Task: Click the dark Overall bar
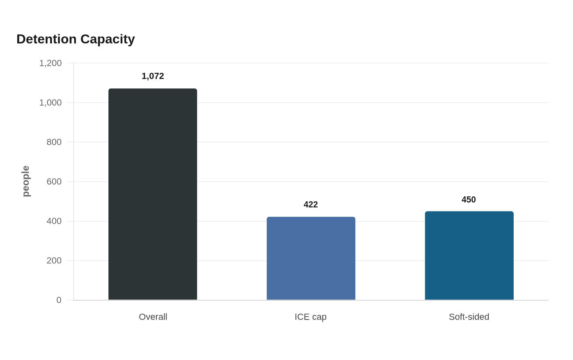[x=153, y=194]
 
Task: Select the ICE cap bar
[x=311, y=258]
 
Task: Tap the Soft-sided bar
[x=469, y=255]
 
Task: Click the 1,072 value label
[x=153, y=76]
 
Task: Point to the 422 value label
[x=311, y=205]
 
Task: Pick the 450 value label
[x=469, y=200]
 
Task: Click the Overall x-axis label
[x=153, y=317]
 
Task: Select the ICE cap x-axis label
[x=311, y=317]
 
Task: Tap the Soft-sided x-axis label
[x=469, y=317]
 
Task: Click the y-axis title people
[x=26, y=181]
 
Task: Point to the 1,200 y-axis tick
[x=50, y=63]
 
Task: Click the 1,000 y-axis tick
[x=50, y=103]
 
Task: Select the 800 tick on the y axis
[x=54, y=142]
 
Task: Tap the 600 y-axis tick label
[x=54, y=182]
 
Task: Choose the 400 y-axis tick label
[x=54, y=221]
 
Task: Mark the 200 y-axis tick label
[x=54, y=261]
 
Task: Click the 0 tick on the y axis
[x=59, y=300]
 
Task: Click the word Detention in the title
[x=47, y=39]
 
